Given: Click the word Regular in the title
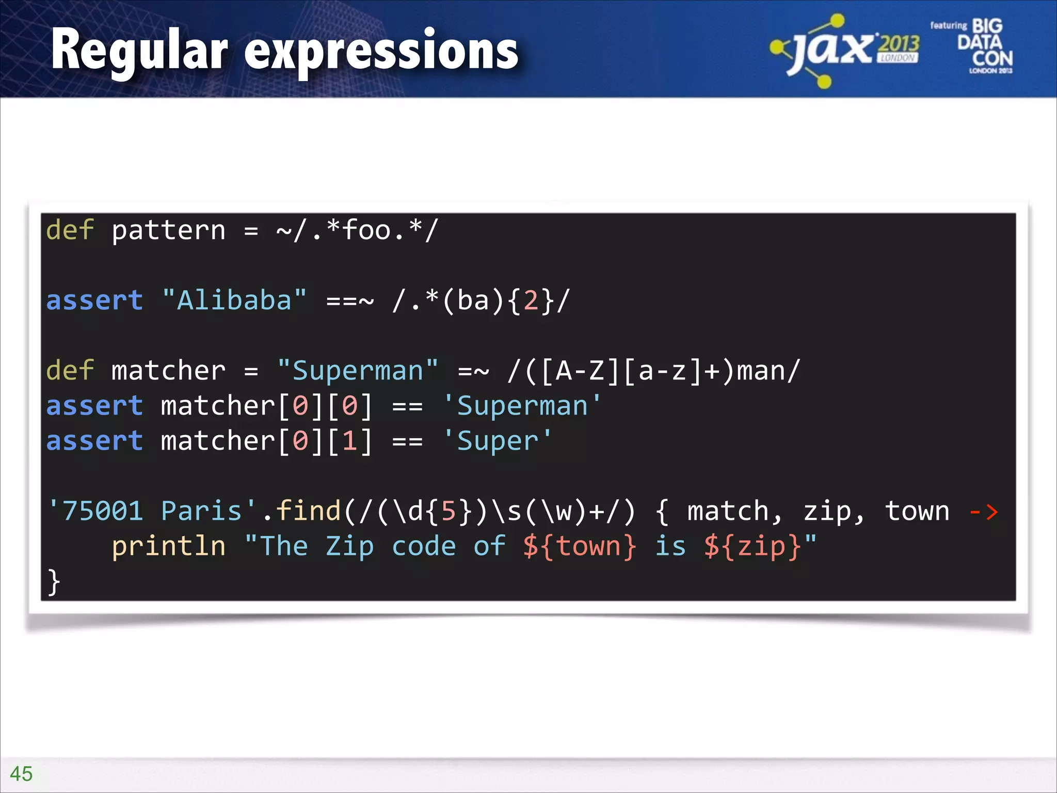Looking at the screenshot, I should coord(139,51).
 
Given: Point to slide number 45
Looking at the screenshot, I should coord(21,773).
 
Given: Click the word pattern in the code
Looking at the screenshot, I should coord(169,230).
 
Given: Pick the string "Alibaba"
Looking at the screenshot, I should coord(234,300).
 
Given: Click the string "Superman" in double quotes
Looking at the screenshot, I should coord(358,371).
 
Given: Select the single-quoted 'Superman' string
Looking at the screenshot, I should coord(522,406).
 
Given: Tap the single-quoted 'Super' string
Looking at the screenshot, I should coord(498,441).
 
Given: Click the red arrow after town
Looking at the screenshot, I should coord(984,512).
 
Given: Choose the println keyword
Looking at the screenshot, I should coord(169,546).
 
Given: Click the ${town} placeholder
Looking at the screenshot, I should coord(579,546).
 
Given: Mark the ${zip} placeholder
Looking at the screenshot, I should coord(752,546).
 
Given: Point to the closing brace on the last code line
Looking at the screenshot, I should coord(54,582).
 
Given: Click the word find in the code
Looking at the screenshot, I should coord(308,511).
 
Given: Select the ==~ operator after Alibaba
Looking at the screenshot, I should coord(350,300).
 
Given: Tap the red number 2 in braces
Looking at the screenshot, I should coord(531,300).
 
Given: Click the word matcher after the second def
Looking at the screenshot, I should coord(169,371).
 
